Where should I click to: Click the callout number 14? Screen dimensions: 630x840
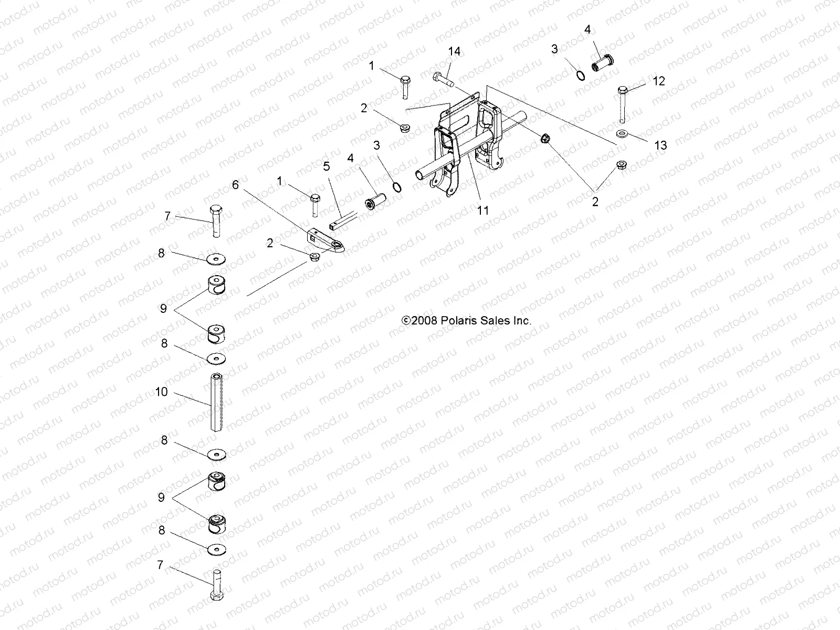[454, 51]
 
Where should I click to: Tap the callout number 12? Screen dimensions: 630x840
[659, 81]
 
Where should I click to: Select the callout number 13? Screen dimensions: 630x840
[660, 145]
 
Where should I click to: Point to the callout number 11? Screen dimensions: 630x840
[483, 210]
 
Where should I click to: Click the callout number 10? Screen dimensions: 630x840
[162, 392]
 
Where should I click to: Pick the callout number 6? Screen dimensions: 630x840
[235, 184]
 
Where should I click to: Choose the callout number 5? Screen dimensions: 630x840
[327, 166]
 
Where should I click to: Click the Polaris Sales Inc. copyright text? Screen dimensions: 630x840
[466, 320]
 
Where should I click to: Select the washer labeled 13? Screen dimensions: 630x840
[622, 134]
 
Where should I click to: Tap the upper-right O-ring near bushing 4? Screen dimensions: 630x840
[580, 76]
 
